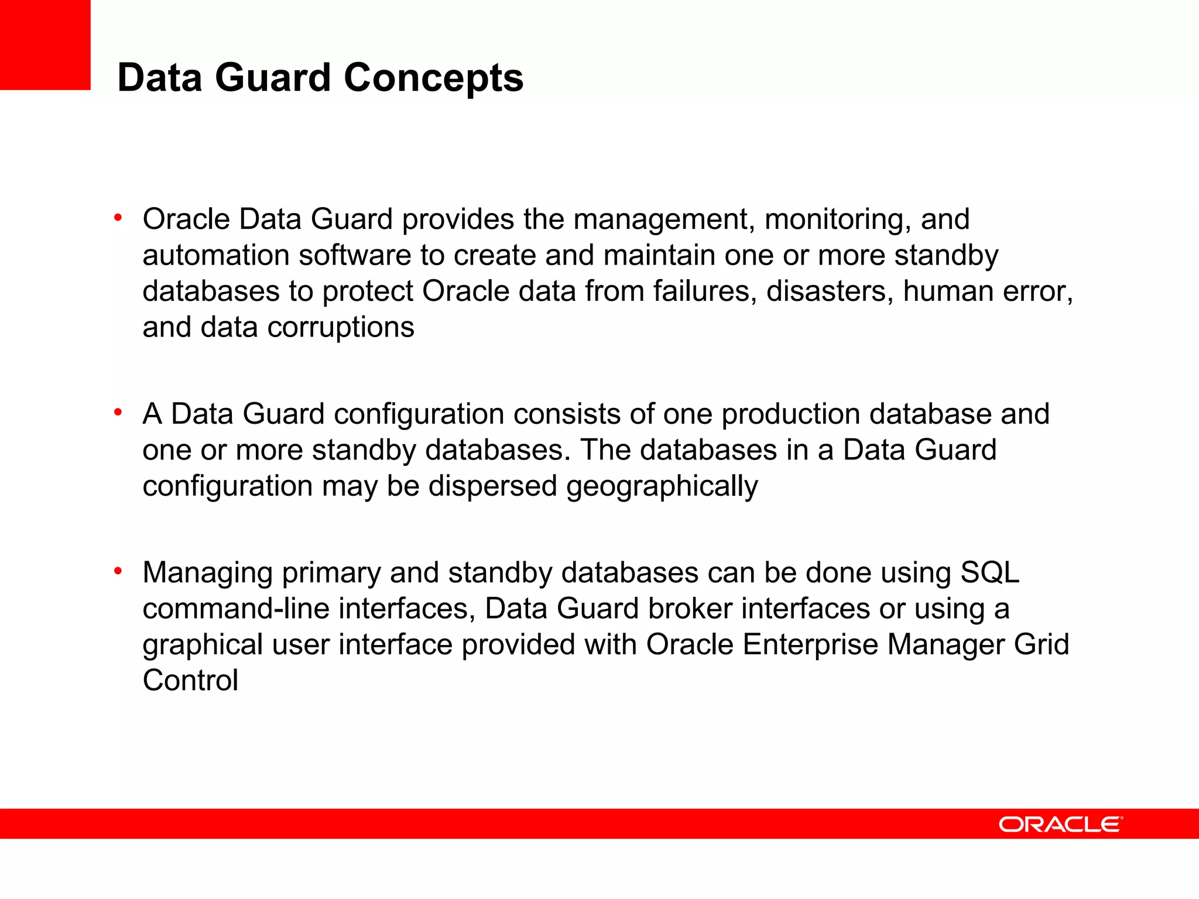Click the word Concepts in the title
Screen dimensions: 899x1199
tap(433, 78)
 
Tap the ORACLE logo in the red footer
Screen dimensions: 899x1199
tap(1060, 824)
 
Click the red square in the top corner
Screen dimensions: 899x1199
tap(45, 44)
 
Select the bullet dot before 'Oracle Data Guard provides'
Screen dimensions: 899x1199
tap(118, 218)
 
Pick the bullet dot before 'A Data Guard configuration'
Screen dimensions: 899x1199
tap(118, 413)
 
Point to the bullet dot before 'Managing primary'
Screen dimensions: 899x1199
tap(118, 571)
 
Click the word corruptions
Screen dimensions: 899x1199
tap(341, 327)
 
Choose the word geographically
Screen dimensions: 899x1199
tap(662, 486)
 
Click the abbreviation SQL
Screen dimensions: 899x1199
tap(989, 572)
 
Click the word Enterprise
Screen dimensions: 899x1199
tap(810, 645)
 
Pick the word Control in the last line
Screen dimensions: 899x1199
tap(190, 681)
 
